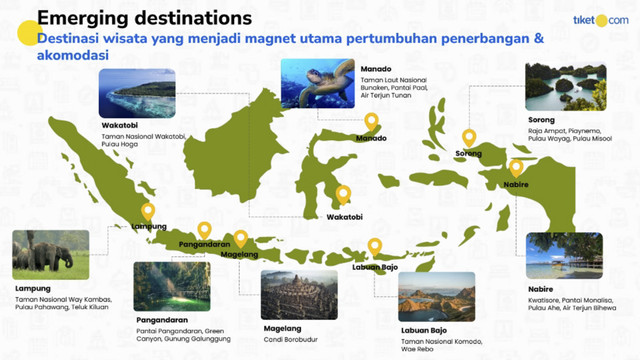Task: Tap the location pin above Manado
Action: coord(371,122)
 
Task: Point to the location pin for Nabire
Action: coord(516,168)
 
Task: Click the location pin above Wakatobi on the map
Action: coord(343,195)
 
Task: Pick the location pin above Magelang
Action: coord(240,239)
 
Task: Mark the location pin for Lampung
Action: coord(148,212)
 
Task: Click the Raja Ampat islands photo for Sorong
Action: coord(564,87)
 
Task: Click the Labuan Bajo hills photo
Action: coord(436,295)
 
